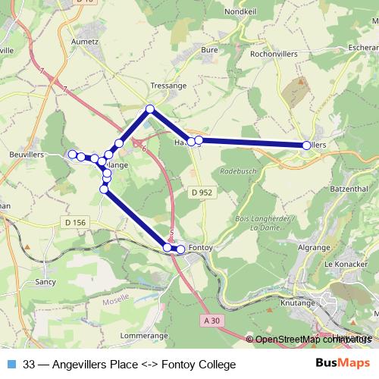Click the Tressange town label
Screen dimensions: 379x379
168,86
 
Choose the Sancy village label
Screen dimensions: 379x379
45,282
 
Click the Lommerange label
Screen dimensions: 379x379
144,335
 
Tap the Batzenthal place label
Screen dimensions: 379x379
349,188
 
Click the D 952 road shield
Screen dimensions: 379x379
202,193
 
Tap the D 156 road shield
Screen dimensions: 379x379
74,222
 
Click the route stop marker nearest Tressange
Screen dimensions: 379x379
150,109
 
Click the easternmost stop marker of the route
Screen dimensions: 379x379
306,145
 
